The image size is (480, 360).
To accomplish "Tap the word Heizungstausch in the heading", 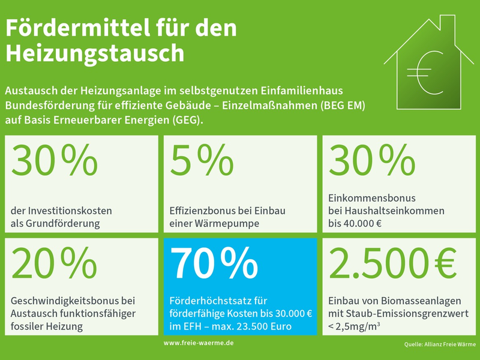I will coord(95,53).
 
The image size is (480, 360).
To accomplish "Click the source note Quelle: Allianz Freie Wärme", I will coord(440,344).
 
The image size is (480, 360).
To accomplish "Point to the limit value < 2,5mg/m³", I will coord(355,327).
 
